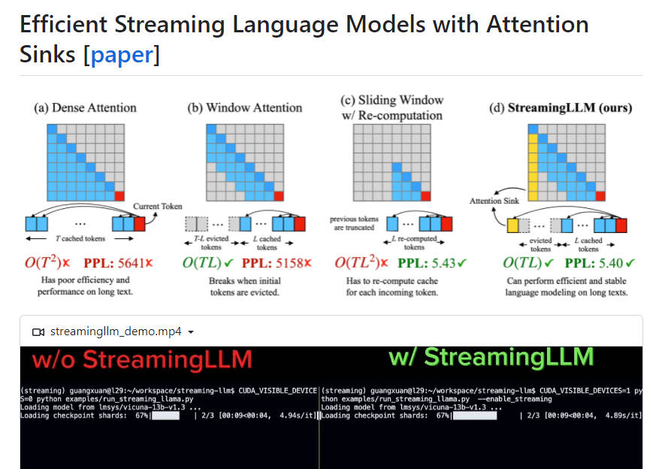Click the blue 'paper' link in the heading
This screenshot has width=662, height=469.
click(125, 55)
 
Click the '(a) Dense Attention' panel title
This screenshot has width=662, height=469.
click(84, 107)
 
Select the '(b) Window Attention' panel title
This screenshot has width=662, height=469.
click(244, 107)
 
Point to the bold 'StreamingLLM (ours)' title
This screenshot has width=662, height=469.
click(570, 107)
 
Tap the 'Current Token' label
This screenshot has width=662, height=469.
click(158, 206)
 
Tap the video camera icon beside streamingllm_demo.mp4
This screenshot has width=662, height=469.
click(38, 331)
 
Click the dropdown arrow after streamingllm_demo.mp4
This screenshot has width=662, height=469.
click(191, 331)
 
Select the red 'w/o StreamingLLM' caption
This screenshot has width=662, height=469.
click(142, 360)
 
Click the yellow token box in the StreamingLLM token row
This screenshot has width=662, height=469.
click(514, 224)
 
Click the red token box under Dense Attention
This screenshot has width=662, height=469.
click(140, 224)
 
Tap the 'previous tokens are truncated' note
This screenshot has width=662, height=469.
click(354, 223)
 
